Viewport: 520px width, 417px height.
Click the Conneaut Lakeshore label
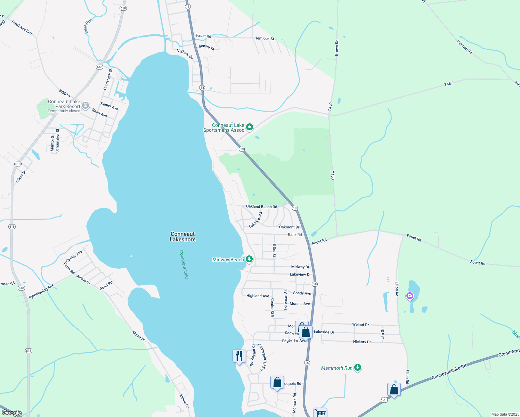pos(182,237)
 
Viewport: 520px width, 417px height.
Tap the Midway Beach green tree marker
pos(249,259)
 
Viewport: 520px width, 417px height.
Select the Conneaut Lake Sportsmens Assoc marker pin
pos(249,128)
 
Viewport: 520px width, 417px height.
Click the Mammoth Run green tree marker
pos(358,368)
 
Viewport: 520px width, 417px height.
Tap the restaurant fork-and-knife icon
pos(239,356)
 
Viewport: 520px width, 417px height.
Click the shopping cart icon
pos(320,413)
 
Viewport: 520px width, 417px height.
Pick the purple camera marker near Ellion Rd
pos(410,296)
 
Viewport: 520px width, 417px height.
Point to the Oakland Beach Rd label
pos(261,207)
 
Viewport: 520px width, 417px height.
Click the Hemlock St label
pos(264,39)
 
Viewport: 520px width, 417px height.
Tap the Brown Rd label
pos(336,48)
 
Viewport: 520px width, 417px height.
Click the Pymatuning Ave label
pos(41,292)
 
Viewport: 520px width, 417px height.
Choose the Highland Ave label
pos(258,296)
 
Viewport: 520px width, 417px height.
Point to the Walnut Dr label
pos(360,325)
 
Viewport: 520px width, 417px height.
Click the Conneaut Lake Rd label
pos(449,371)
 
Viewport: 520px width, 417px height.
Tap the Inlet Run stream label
pos(88,26)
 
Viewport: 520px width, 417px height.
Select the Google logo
pos(12,413)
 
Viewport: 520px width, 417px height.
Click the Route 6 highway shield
pos(383,400)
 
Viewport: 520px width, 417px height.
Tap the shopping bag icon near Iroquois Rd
pos(277,383)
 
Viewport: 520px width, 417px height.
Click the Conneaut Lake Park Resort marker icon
pos(86,106)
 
